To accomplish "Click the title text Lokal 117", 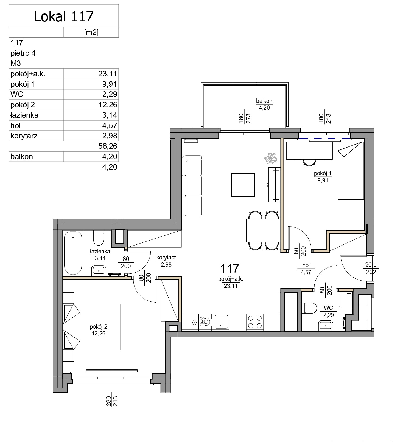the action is pos(64,16).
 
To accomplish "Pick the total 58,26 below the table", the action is pos(108,146).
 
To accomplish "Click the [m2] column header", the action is pos(91,32).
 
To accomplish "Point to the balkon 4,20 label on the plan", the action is pos(264,104).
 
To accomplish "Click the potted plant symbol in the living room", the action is pos(270,158).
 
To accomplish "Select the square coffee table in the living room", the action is pos(243,185).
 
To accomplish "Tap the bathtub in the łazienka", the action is pos(73,253).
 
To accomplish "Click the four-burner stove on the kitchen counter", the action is pos(255,322).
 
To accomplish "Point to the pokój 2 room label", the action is pos(99,330).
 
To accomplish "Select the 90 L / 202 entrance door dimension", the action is pos(371,268).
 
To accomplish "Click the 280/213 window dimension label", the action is pos(112,401).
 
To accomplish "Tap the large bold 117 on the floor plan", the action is pos(230,268).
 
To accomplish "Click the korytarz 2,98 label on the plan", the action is pos(166,261).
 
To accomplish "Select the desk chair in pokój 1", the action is pos(309,163).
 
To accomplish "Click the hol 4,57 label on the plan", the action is pos(306,269).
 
